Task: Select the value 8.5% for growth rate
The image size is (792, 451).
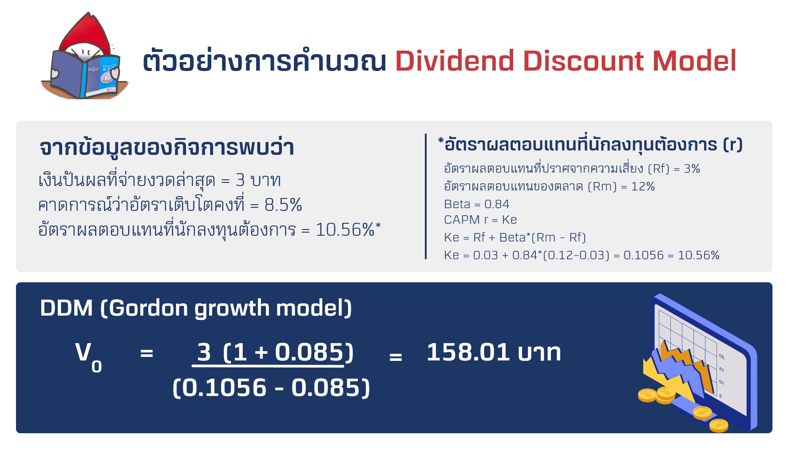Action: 283,205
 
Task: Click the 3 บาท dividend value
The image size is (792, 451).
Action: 258,180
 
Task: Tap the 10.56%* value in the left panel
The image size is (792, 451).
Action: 348,230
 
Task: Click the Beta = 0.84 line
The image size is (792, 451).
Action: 476,204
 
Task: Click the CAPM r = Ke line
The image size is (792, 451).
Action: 480,220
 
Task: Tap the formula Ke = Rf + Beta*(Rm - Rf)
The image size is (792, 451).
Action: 515,237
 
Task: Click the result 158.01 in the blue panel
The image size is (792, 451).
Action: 467,352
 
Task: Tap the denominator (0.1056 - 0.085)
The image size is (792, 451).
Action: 271,388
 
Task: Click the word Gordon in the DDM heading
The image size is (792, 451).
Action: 148,308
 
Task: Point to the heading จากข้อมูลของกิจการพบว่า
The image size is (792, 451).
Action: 166,148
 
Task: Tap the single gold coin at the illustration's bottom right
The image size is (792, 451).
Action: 718,426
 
